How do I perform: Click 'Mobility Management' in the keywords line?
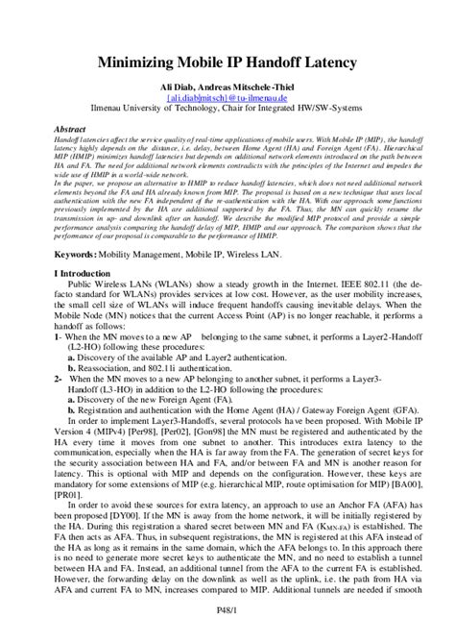point(150,254)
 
